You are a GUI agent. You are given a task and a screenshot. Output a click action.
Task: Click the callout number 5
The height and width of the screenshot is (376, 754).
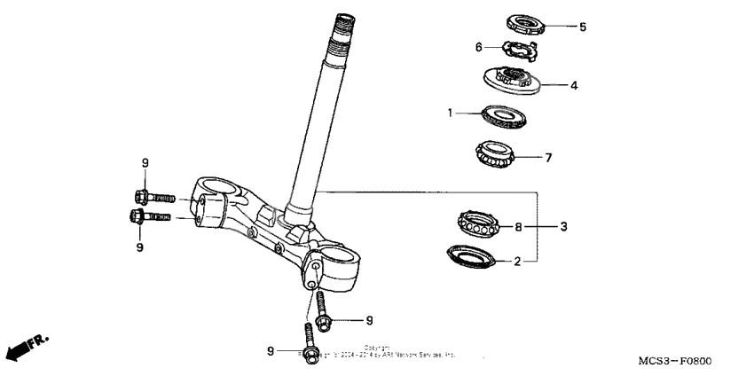[x=583, y=27]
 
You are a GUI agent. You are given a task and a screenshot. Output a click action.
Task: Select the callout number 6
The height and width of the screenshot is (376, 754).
[x=479, y=46]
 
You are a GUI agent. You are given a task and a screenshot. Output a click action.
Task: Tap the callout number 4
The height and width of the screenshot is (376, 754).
[x=574, y=86]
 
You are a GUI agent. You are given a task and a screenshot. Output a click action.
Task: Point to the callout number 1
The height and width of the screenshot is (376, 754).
[x=451, y=113]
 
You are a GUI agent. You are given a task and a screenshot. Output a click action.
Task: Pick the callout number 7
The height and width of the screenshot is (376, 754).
[x=573, y=158]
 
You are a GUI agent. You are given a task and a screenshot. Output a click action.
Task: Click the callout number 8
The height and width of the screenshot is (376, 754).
[x=519, y=227]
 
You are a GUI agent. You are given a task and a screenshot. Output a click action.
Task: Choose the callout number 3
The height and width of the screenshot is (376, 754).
[x=562, y=227]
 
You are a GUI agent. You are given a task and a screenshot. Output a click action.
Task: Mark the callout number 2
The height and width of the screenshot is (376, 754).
[x=519, y=262]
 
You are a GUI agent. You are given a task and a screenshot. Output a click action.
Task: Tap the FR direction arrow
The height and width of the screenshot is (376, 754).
[x=27, y=347]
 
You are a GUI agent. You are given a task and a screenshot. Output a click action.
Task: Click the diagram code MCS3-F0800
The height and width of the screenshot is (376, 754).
[x=675, y=361]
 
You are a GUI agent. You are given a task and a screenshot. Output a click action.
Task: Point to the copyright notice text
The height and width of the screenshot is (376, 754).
[x=381, y=351]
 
